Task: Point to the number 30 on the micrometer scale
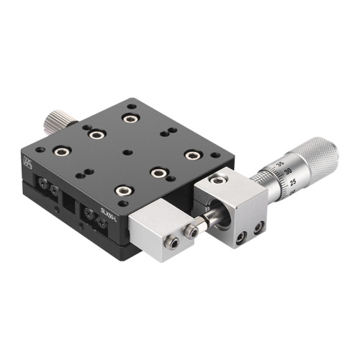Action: pos(288,172)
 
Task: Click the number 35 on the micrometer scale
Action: pos(279,164)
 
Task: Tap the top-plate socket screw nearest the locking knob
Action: pos(130,117)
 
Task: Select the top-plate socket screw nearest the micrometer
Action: pos(192,155)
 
